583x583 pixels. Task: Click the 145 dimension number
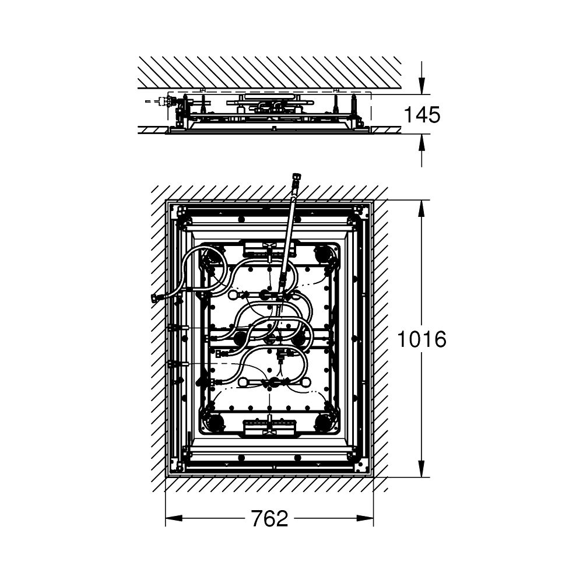tap(422, 114)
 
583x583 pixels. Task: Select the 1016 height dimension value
tap(422, 339)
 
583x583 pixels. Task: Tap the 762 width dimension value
tap(269, 518)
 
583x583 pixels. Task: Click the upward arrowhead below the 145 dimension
tap(422, 143)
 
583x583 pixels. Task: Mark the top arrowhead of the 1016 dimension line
tap(422, 209)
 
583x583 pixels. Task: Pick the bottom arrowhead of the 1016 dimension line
tap(422, 468)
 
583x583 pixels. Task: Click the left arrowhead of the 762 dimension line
tap(174, 518)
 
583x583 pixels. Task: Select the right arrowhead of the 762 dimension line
tap(365, 518)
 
